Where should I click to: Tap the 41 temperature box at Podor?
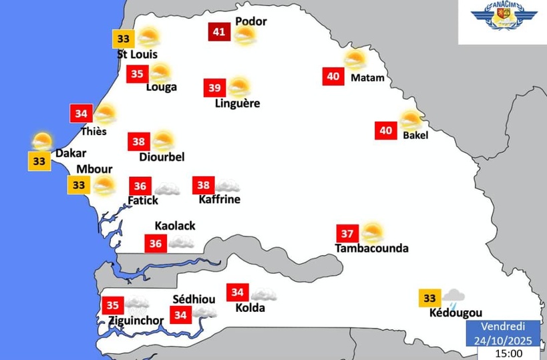tap(218, 31)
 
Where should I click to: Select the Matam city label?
tap(367, 77)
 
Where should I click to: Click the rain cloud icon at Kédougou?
tap(454, 296)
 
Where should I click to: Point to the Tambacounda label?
tap(371, 248)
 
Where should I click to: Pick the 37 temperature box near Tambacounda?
tap(347, 234)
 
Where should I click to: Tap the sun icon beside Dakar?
tap(42, 142)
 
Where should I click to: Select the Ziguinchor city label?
tap(136, 321)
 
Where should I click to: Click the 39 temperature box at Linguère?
tap(214, 87)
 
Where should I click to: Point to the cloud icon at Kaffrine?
tap(227, 185)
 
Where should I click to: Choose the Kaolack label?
tap(175, 226)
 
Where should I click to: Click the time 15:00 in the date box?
tap(509, 353)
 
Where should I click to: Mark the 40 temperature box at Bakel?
tap(385, 130)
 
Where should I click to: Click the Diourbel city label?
tap(162, 157)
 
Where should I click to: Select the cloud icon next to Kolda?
tap(263, 293)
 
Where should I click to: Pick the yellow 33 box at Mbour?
tap(79, 184)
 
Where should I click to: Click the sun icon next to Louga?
tap(160, 73)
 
